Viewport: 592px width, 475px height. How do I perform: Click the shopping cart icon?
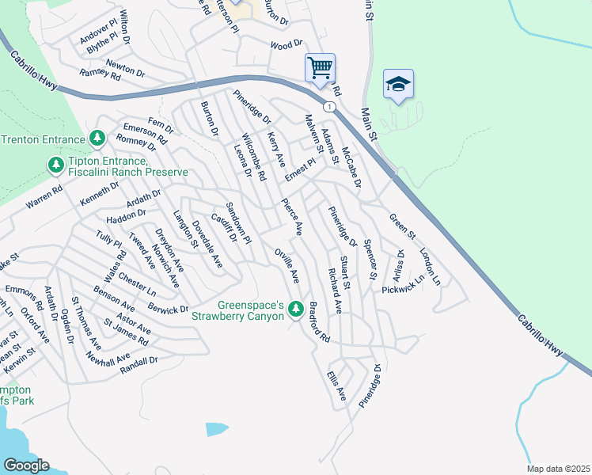tap(320, 67)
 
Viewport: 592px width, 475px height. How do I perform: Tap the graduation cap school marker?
tap(398, 84)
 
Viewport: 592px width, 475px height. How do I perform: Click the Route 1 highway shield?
tap(328, 105)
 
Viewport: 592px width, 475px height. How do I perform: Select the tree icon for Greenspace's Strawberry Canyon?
tap(296, 308)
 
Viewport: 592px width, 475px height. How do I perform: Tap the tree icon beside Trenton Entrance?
tap(97, 139)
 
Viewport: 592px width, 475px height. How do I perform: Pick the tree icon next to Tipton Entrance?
tap(55, 165)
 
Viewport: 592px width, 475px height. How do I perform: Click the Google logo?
tap(26, 465)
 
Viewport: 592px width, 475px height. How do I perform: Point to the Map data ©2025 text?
tap(558, 469)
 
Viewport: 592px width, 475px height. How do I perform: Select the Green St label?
tap(402, 224)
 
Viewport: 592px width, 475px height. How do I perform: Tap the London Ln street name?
tap(430, 267)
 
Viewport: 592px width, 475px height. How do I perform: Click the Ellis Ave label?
tap(336, 382)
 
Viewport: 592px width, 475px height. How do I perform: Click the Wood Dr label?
tap(287, 45)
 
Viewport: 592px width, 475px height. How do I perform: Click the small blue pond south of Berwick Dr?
tap(216, 429)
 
